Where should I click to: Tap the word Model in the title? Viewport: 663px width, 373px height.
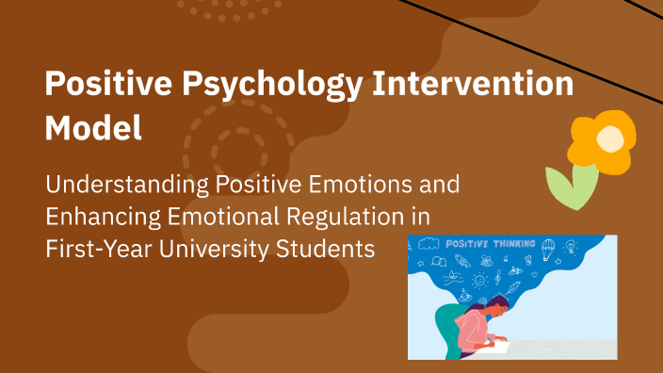93,128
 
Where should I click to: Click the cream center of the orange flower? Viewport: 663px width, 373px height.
610,140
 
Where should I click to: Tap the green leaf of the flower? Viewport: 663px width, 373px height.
574,187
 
